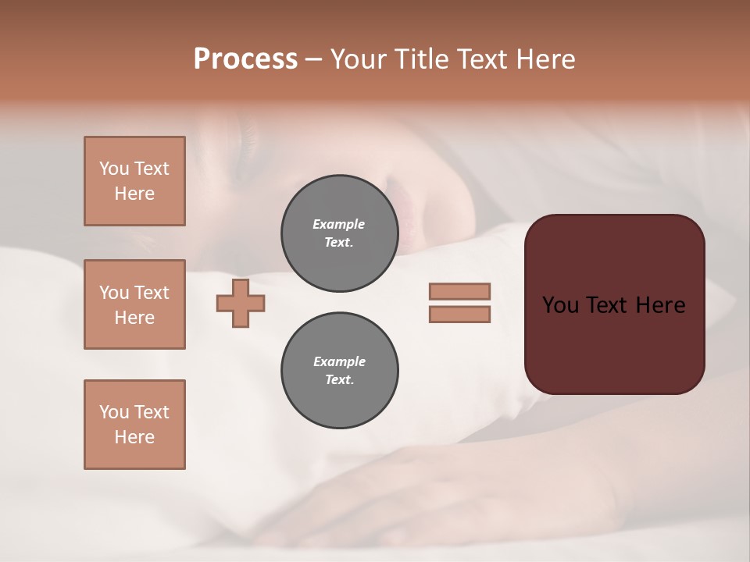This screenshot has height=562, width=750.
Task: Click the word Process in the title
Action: pyautogui.click(x=245, y=59)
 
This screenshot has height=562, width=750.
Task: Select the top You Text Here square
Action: pyautogui.click(x=134, y=181)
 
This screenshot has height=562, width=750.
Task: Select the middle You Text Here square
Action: pyautogui.click(x=134, y=304)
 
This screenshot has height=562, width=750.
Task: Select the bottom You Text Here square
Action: pyautogui.click(x=134, y=425)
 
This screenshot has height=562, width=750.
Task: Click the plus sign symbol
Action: pyautogui.click(x=241, y=303)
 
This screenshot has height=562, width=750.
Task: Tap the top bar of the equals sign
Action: pyautogui.click(x=459, y=291)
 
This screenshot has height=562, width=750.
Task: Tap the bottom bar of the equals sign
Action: pyautogui.click(x=459, y=314)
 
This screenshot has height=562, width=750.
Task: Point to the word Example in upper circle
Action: pyautogui.click(x=339, y=224)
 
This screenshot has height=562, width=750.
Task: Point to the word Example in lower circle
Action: pyautogui.click(x=339, y=361)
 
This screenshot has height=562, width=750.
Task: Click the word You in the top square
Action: pyautogui.click(x=114, y=169)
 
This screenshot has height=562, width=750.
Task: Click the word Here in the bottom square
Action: pyautogui.click(x=134, y=437)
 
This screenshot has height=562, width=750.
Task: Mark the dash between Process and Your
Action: pyautogui.click(x=314, y=59)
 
